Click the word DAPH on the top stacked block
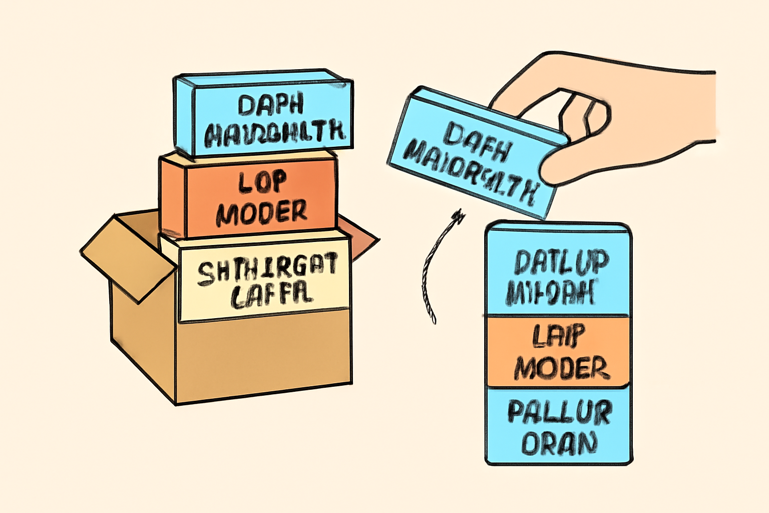(271, 105)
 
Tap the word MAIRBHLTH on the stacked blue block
(275, 132)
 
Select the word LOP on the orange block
(262, 182)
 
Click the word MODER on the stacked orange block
(262, 212)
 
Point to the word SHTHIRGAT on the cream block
(267, 270)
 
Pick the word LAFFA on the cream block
(272, 296)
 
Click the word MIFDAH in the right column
(551, 292)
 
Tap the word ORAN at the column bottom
(559, 443)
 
